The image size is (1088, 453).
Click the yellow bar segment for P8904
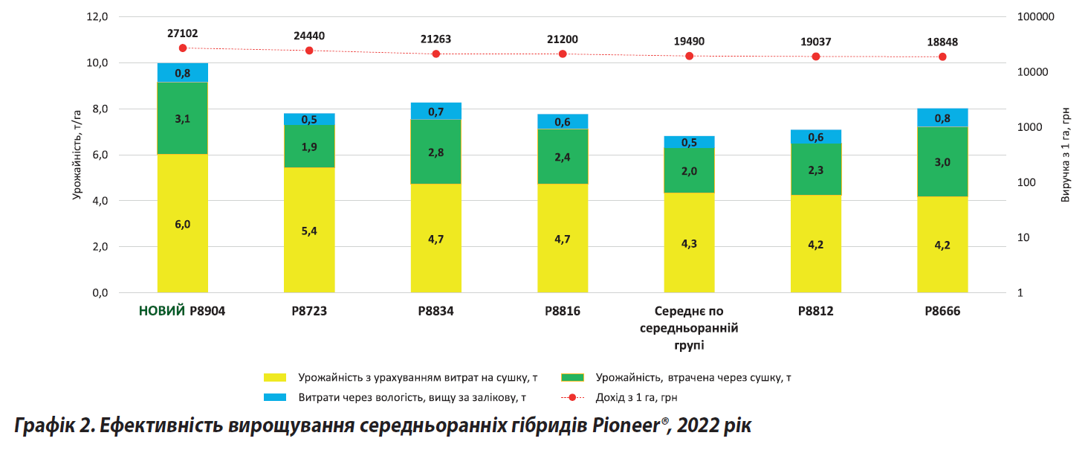182,223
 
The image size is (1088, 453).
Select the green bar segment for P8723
309,146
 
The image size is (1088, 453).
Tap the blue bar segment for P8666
942,118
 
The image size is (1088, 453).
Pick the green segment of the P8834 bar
435,151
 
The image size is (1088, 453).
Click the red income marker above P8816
563,54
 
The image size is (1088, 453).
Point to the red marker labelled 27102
183,48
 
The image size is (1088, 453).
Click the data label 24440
309,36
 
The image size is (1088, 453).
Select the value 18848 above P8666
942,42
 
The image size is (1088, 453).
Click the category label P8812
816,312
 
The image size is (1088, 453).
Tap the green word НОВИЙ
162,312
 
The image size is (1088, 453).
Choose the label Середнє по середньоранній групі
689,328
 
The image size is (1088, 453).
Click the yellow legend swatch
274,377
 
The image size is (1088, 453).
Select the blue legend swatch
274,397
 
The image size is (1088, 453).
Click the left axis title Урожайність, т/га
77,155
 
